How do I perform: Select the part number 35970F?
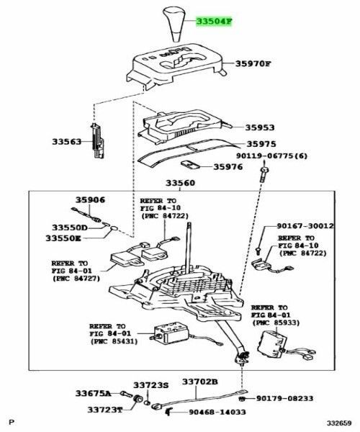pyautogui.click(x=253, y=64)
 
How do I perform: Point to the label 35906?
pyautogui.click(x=91, y=201)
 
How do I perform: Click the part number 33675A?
pyautogui.click(x=94, y=394)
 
